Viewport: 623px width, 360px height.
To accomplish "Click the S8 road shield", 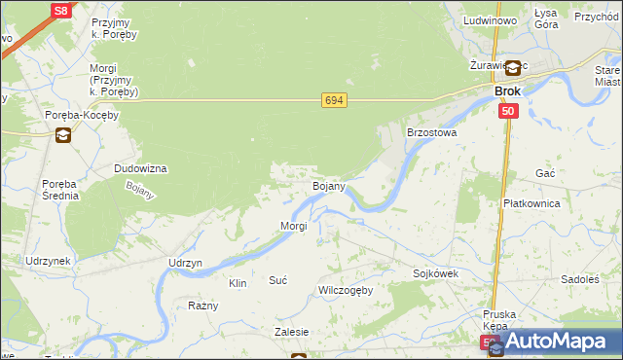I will click(x=60, y=11).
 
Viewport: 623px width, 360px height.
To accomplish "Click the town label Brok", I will click(x=507, y=90).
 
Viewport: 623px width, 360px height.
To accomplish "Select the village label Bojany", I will click(x=328, y=185).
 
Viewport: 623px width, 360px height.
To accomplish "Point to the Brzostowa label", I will click(x=431, y=131).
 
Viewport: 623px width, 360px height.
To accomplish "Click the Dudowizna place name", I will click(x=140, y=168).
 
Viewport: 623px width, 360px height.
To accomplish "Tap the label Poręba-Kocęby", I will click(x=82, y=115).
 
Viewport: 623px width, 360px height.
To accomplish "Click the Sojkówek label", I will click(x=435, y=273).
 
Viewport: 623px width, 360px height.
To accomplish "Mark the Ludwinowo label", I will click(x=490, y=20).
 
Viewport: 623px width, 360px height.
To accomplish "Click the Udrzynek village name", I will click(x=49, y=262).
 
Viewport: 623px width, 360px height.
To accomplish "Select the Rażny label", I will click(x=203, y=306).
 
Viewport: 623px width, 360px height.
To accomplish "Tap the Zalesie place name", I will click(x=291, y=332).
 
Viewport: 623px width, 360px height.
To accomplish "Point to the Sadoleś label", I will click(x=580, y=278).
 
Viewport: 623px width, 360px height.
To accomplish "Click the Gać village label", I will click(x=545, y=172).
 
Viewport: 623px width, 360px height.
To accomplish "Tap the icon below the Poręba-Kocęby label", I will click(x=63, y=135).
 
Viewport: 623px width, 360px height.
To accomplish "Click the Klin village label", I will click(x=238, y=283).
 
